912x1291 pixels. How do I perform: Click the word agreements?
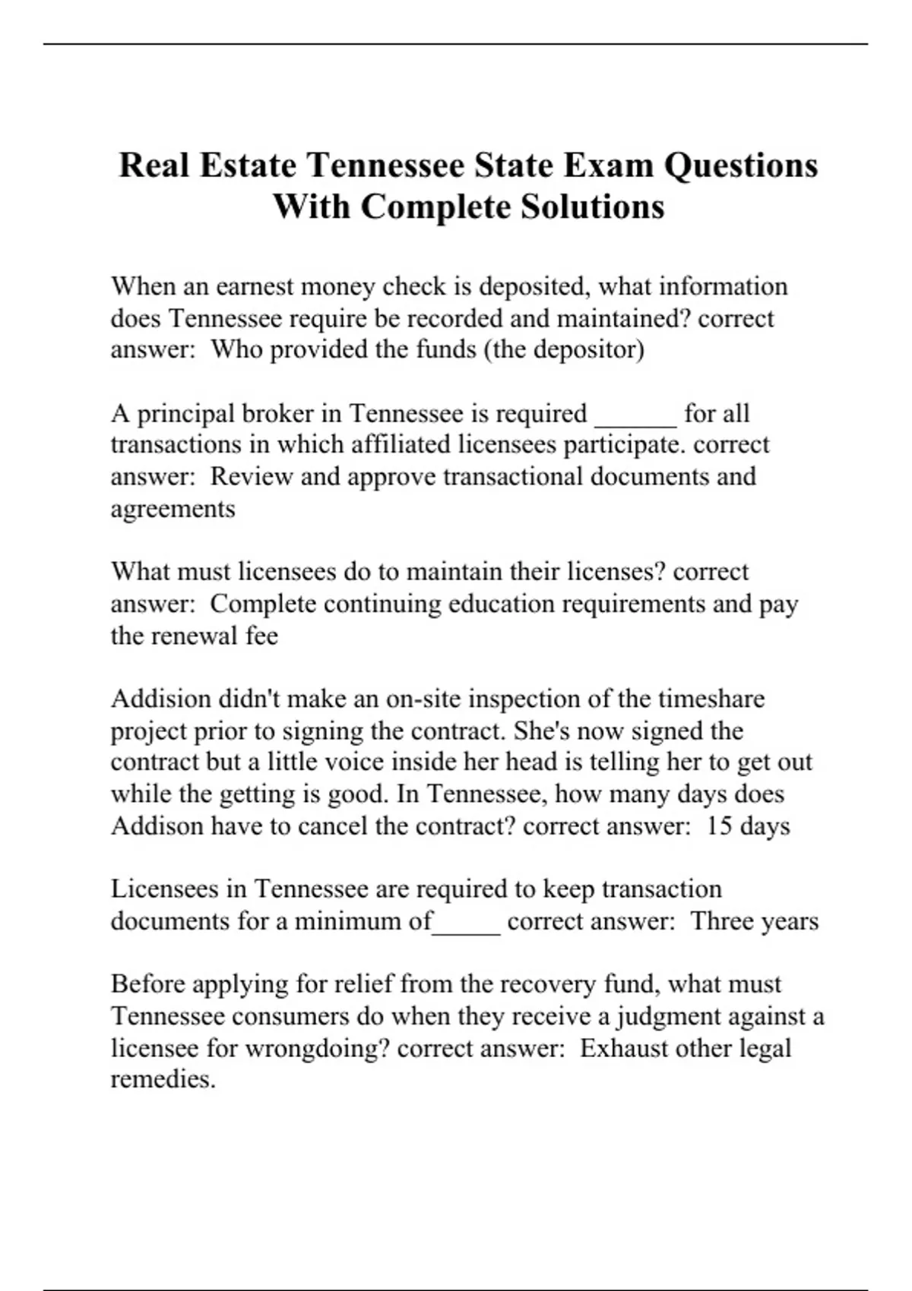coord(173,508)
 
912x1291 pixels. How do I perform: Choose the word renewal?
coord(195,636)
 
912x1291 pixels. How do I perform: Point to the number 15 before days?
coord(719,825)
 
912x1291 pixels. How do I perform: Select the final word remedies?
coord(163,1079)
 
